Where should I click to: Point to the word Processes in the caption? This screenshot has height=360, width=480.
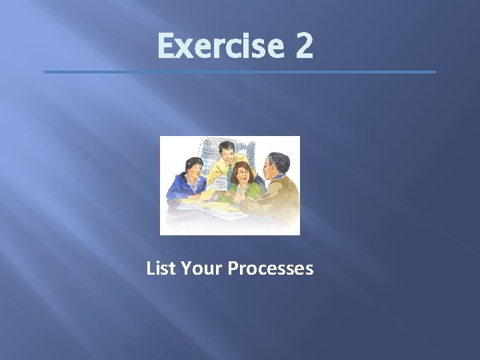click(271, 268)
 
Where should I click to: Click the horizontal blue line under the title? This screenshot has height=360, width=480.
click(240, 72)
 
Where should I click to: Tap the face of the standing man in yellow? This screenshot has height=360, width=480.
click(225, 154)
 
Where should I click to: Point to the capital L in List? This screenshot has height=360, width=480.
click(150, 268)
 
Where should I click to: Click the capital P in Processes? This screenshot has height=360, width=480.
click(233, 268)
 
